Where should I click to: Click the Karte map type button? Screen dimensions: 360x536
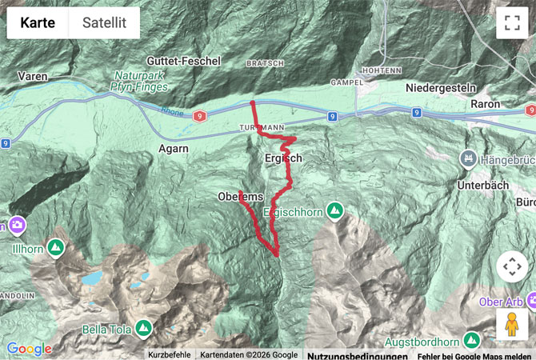pyautogui.click(x=38, y=23)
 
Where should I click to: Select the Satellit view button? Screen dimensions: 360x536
pyautogui.click(x=104, y=23)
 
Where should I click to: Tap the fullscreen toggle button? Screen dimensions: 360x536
pyautogui.click(x=512, y=23)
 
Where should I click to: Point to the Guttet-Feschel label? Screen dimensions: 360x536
pyautogui.click(x=183, y=61)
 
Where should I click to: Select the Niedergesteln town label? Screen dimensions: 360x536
pyautogui.click(x=441, y=87)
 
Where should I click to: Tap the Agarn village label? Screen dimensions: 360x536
pyautogui.click(x=174, y=148)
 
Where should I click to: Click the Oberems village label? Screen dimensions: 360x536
pyautogui.click(x=240, y=197)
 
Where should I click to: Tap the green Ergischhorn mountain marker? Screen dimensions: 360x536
pyautogui.click(x=334, y=211)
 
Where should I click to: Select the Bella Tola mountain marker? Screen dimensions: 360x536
pyautogui.click(x=143, y=328)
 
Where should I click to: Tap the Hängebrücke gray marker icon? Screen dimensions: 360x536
pyautogui.click(x=466, y=159)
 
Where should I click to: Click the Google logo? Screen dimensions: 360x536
pyautogui.click(x=30, y=349)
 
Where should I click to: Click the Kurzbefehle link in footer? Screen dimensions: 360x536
pyautogui.click(x=169, y=355)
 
